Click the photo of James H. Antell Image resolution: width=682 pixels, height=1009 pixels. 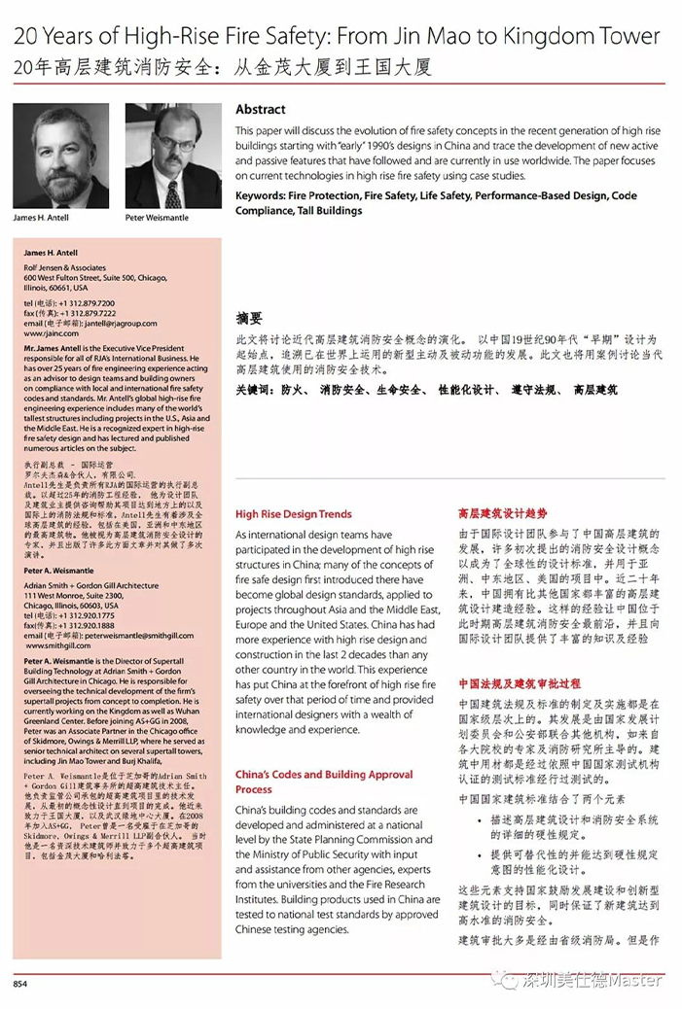click(x=59, y=155)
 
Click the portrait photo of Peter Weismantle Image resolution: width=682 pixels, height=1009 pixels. click(x=173, y=155)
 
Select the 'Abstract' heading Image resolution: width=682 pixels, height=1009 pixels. click(x=260, y=109)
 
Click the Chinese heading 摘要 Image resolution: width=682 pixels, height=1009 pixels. click(x=249, y=318)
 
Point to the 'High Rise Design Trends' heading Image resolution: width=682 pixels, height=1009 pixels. click(x=293, y=514)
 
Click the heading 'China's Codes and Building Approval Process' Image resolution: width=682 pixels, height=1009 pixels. click(x=324, y=782)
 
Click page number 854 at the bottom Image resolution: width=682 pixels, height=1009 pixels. click(x=19, y=984)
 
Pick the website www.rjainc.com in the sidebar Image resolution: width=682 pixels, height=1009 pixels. click(x=48, y=332)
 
